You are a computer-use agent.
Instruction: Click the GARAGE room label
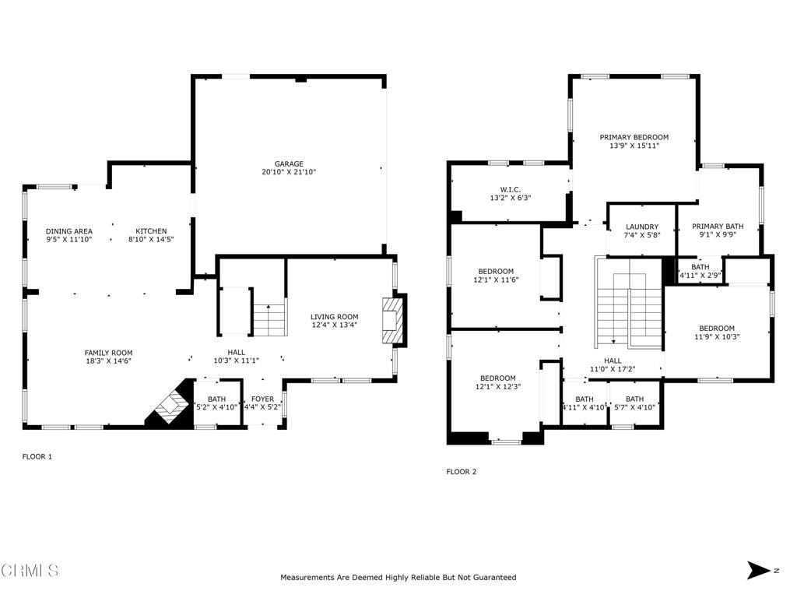pyautogui.click(x=289, y=164)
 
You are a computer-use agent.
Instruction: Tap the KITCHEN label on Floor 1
pyautogui.click(x=151, y=230)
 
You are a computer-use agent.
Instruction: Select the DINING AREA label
pyautogui.click(x=69, y=230)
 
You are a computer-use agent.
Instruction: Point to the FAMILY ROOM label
pyautogui.click(x=108, y=353)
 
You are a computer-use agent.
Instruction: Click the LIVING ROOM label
pyautogui.click(x=335, y=316)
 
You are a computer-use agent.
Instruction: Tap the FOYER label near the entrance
pyautogui.click(x=263, y=399)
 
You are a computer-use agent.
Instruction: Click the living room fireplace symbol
pyautogui.click(x=393, y=321)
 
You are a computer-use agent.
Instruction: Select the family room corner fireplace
pyautogui.click(x=170, y=404)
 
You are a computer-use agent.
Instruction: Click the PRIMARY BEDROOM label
pyautogui.click(x=634, y=137)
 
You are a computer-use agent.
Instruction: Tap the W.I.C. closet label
pyautogui.click(x=511, y=190)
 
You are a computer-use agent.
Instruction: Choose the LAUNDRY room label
pyautogui.click(x=642, y=227)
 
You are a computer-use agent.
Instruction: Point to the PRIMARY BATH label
pyautogui.click(x=718, y=226)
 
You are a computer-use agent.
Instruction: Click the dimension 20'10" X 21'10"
pyautogui.click(x=289, y=172)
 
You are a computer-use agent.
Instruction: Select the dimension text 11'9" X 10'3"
pyautogui.click(x=717, y=336)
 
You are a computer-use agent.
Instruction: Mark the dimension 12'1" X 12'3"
pyautogui.click(x=497, y=386)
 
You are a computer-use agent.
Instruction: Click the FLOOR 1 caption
pyautogui.click(x=37, y=456)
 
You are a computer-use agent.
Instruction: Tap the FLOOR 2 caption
pyautogui.click(x=462, y=471)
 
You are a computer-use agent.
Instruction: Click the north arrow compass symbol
pyautogui.click(x=759, y=570)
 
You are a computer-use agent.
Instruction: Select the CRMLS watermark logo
pyautogui.click(x=30, y=570)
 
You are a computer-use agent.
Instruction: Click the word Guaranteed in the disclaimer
pyautogui.click(x=494, y=577)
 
